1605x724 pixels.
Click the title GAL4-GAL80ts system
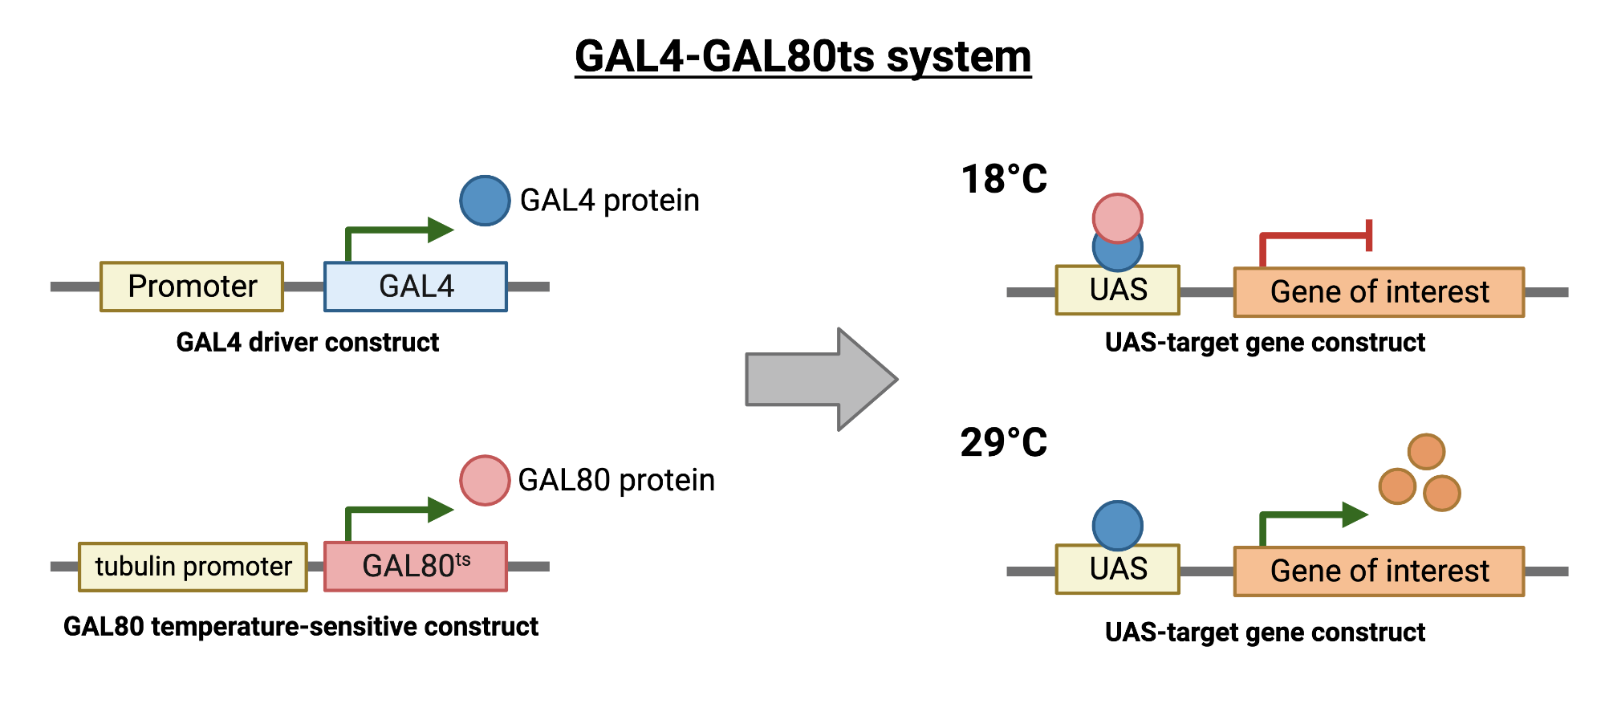pyautogui.click(x=802, y=56)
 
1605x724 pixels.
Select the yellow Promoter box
pyautogui.click(x=192, y=287)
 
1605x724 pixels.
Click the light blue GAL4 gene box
pyautogui.click(x=416, y=287)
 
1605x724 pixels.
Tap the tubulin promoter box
pyautogui.click(x=193, y=567)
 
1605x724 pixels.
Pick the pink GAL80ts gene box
pyautogui.click(x=416, y=567)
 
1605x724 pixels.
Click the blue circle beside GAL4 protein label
pyautogui.click(x=485, y=201)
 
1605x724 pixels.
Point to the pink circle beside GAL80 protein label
pyautogui.click(x=485, y=480)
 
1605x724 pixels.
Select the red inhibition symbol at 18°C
pyautogui.click(x=1316, y=236)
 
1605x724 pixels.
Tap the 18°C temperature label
pyautogui.click(x=1004, y=179)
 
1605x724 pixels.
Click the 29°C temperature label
pyautogui.click(x=1004, y=442)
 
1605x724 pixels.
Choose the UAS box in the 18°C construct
pyautogui.click(x=1118, y=290)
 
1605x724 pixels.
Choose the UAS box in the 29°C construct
pyautogui.click(x=1118, y=569)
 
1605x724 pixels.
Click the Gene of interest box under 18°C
pyautogui.click(x=1379, y=292)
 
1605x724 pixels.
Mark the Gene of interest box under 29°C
pyautogui.click(x=1379, y=571)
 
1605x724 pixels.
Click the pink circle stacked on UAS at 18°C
pyautogui.click(x=1117, y=217)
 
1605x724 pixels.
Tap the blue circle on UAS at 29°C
pyautogui.click(x=1117, y=526)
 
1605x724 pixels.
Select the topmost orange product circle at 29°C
pyautogui.click(x=1426, y=452)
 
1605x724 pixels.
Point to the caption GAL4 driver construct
pyautogui.click(x=307, y=343)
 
